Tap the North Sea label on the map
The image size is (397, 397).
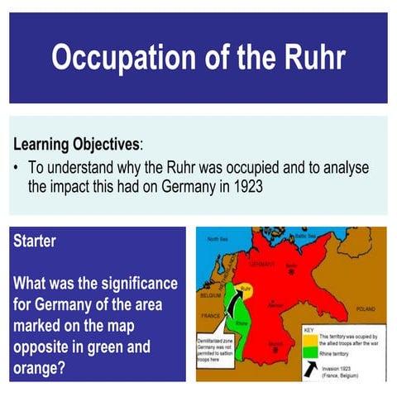218,239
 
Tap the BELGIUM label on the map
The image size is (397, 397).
209,294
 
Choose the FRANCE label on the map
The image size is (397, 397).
209,316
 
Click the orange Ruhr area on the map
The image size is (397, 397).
242,292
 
